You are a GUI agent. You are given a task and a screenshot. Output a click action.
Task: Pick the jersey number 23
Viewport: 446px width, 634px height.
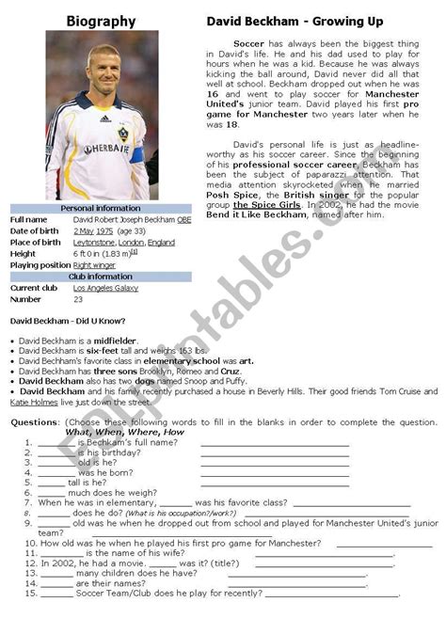pos(78,299)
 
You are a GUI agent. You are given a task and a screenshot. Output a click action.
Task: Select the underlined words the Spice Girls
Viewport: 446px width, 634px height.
pos(267,204)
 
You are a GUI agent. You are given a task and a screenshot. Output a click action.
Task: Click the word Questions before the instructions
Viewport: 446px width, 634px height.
pos(34,422)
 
